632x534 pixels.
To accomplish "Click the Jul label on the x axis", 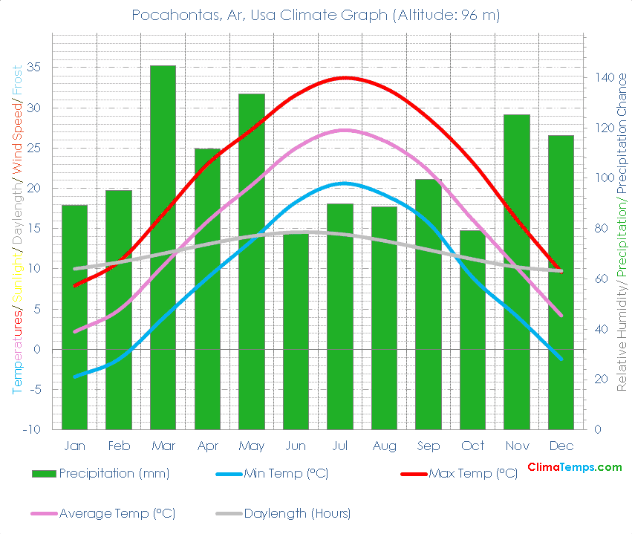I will (340, 446).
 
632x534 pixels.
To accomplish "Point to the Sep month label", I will (429, 446).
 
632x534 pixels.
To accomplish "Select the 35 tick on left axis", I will (33, 68).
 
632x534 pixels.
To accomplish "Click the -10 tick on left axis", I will (31, 429).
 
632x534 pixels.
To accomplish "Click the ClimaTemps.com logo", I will (574, 467).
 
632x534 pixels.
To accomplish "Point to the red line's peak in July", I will (344, 77).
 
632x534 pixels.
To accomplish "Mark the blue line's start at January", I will (74, 377).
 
